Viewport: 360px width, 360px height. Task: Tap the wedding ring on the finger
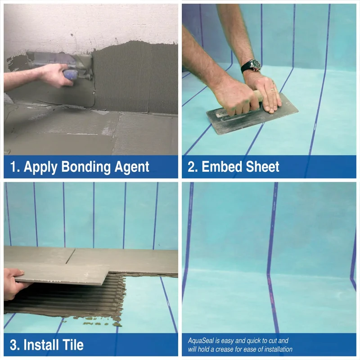(273, 89)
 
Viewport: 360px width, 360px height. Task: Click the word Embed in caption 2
(219, 166)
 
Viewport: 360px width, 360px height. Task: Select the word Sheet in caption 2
(260, 166)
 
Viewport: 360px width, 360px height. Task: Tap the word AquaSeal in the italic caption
(201, 341)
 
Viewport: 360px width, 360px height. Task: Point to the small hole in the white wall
(72, 36)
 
